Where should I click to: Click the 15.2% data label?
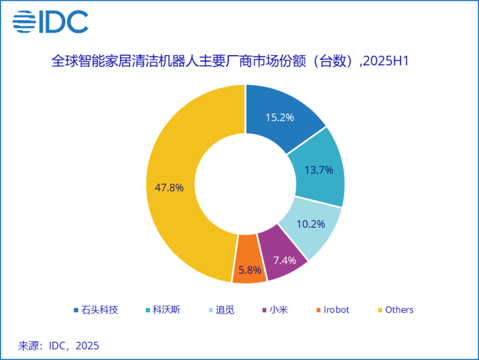click(x=280, y=118)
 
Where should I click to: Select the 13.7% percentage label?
click(x=318, y=170)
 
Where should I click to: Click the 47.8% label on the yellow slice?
click(x=170, y=188)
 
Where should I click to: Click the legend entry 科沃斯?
click(x=166, y=310)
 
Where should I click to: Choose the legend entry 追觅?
click(x=225, y=310)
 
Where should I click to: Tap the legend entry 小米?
click(x=278, y=310)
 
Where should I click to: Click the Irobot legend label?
click(x=335, y=310)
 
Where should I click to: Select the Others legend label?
click(x=399, y=310)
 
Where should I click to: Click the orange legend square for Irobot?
click(x=318, y=310)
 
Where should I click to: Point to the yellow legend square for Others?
click(x=380, y=310)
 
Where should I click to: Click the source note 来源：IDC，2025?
click(x=59, y=345)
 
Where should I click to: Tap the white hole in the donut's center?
click(x=245, y=184)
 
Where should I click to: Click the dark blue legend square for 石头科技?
click(x=77, y=310)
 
